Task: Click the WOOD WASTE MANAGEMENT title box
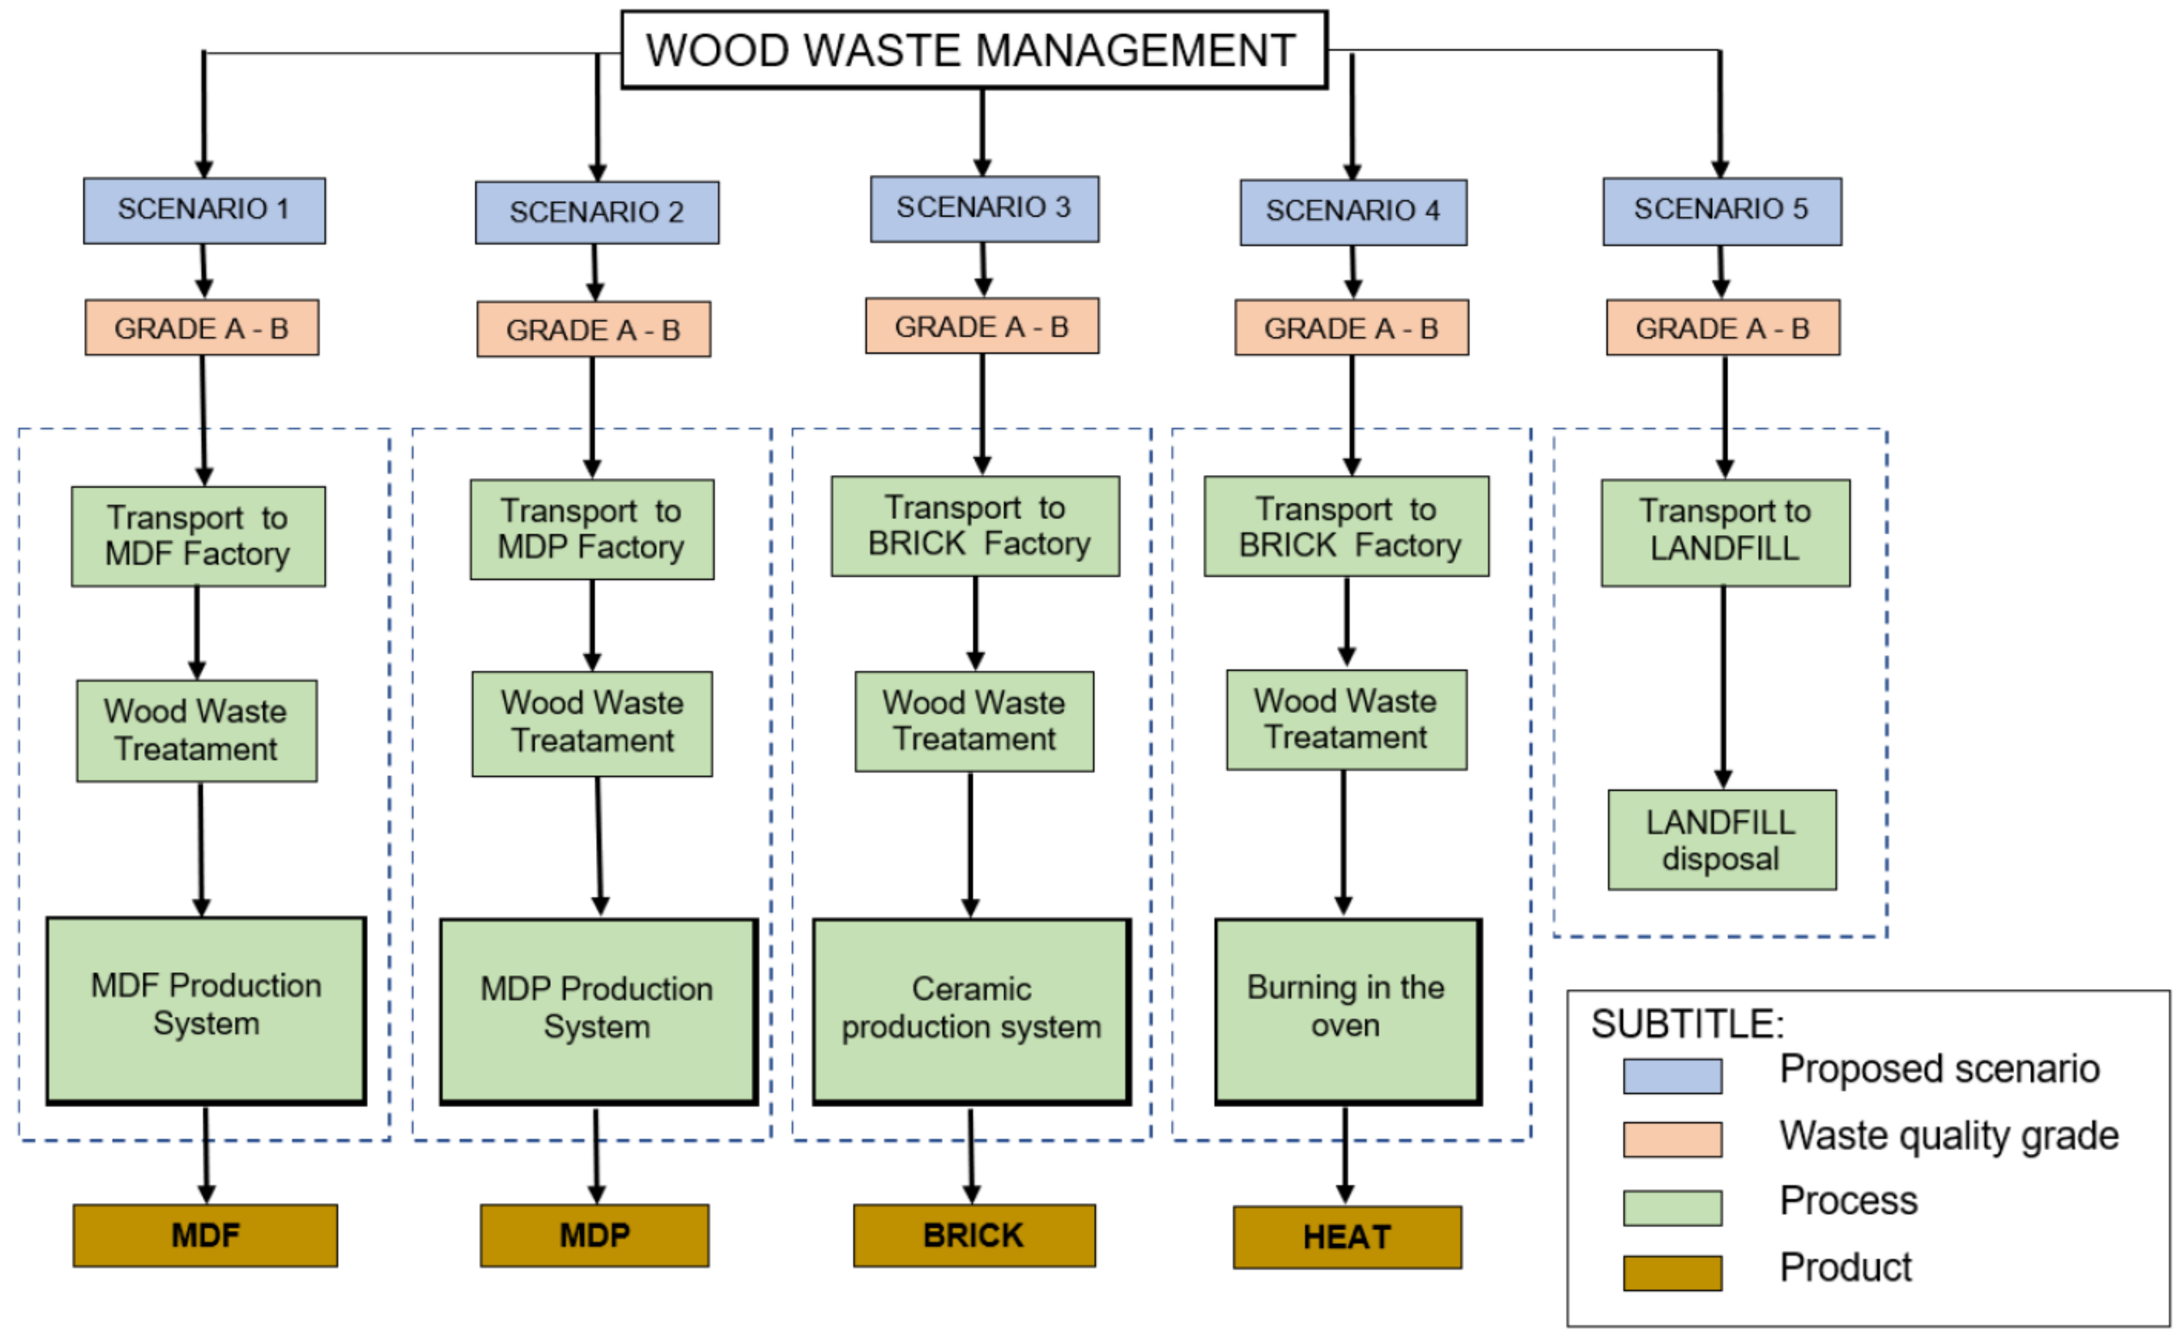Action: point(974,50)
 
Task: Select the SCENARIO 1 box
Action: point(204,210)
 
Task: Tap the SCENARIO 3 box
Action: point(983,209)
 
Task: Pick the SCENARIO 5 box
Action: point(1721,210)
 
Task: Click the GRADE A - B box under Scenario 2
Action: point(593,329)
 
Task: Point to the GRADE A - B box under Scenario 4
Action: point(1351,328)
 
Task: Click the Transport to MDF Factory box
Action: point(198,536)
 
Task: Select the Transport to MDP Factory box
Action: point(591,530)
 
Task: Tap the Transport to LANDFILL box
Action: point(1725,533)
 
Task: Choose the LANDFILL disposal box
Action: point(1721,839)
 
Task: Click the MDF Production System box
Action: point(206,1010)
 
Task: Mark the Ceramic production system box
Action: point(971,1011)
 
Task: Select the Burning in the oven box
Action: point(1347,1011)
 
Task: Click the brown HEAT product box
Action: point(1346,1236)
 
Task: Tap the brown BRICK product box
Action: point(974,1234)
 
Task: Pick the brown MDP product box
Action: point(594,1234)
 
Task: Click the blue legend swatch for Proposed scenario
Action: point(1672,1076)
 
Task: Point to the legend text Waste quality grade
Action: point(1948,1135)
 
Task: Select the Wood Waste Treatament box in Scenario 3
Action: point(974,721)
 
